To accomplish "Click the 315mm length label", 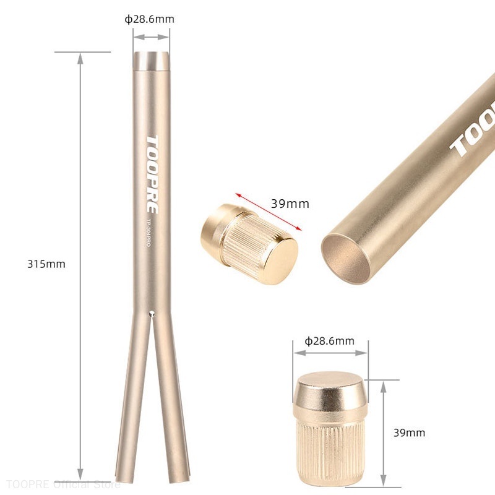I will coord(46,264).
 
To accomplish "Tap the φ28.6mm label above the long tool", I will coord(149,19).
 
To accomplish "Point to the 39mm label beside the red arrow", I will coord(290,204).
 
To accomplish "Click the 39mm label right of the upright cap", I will coord(409,433).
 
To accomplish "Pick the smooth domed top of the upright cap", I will coord(330,389).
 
